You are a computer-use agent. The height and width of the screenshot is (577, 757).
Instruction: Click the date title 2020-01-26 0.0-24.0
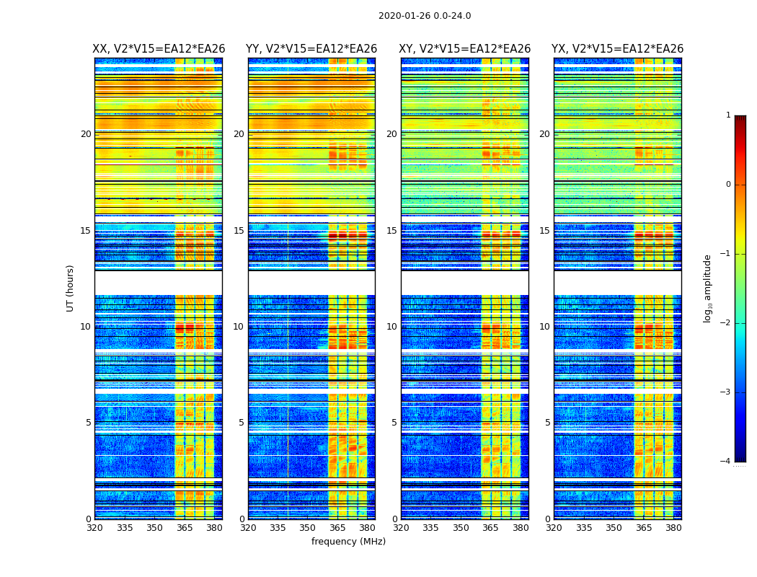[425, 16]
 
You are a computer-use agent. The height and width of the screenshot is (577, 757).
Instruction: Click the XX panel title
[159, 49]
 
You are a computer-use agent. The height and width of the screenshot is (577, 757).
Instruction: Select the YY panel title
[311, 49]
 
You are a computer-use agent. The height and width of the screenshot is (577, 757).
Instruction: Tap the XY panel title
[464, 49]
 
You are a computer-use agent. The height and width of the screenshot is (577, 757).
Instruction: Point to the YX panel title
[617, 49]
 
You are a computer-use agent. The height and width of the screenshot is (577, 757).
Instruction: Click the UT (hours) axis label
[71, 288]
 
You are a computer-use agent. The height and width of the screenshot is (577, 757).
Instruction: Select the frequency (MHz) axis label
[348, 542]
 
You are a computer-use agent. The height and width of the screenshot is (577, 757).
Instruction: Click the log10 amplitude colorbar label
[708, 288]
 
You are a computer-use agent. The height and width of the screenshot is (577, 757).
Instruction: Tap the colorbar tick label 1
[728, 115]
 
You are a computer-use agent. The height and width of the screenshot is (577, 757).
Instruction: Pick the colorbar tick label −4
[726, 462]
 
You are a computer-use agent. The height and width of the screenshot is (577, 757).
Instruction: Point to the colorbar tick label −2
[726, 323]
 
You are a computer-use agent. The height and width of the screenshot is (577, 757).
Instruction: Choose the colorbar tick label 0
[728, 185]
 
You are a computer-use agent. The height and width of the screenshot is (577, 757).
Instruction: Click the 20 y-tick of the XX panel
[86, 134]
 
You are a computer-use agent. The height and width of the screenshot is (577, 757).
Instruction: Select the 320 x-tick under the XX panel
[95, 528]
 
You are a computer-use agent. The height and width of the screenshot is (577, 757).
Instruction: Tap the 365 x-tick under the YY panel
[338, 528]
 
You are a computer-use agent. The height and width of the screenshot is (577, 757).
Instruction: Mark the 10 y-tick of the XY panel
[391, 327]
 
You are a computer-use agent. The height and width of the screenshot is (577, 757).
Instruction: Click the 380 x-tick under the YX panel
[673, 528]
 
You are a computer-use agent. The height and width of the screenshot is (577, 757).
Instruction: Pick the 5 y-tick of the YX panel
[547, 423]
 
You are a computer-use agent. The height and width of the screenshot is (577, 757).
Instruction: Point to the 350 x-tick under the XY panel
[461, 528]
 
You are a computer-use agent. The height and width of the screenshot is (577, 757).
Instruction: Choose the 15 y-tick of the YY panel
[239, 231]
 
